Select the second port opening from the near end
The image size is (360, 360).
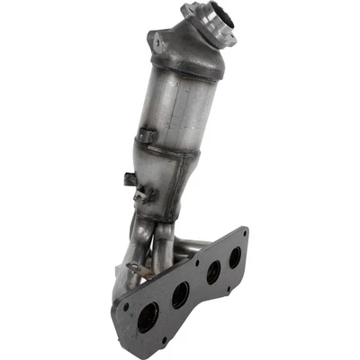point(180,294)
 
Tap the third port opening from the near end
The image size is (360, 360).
point(211,274)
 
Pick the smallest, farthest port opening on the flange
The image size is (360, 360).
point(236,256)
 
